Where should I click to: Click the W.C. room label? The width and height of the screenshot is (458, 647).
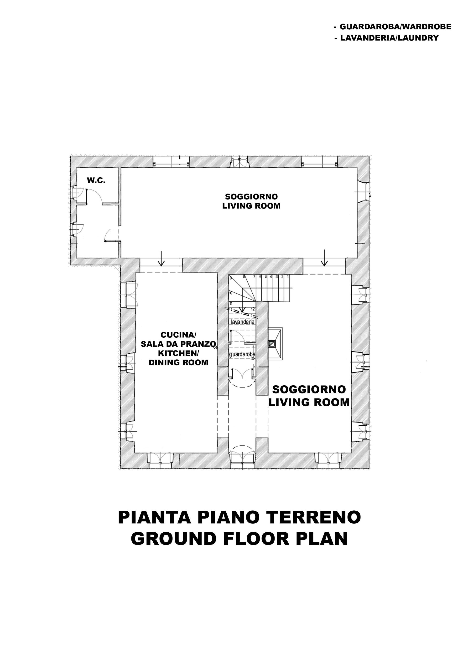96,181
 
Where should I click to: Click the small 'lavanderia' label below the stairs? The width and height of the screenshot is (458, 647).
243,322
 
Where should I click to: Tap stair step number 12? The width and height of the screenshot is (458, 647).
253,309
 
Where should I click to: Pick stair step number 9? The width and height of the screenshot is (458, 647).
231,278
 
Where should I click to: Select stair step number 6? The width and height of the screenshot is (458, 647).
260,277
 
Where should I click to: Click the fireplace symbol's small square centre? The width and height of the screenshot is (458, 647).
272,344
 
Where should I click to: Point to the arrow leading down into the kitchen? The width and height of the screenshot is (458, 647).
161,258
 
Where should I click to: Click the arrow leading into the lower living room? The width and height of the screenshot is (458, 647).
324,258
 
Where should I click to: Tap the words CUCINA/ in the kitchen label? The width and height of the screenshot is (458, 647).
178,335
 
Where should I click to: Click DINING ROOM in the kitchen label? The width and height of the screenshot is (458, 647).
178,362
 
